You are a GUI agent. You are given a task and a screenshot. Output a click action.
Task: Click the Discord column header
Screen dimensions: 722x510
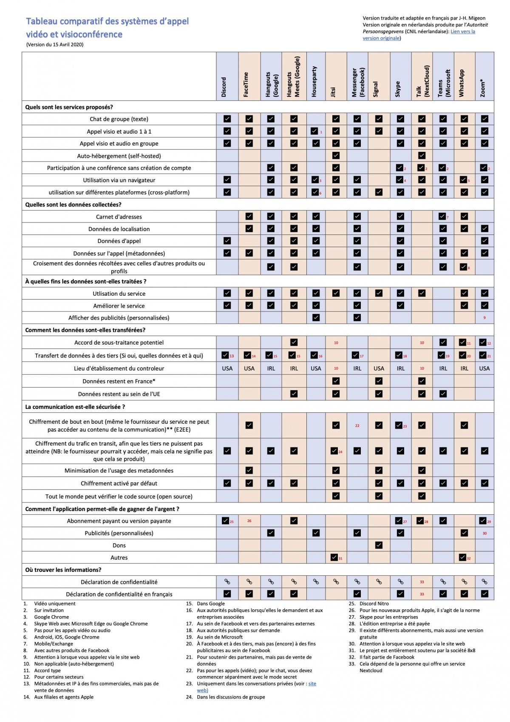tap(224, 87)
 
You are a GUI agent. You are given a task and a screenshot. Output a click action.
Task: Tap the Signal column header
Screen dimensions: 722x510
tap(376, 89)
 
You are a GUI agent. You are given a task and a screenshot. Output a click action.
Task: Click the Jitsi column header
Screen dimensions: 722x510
tap(333, 92)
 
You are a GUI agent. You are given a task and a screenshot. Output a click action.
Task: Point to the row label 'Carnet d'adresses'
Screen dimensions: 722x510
tap(119, 217)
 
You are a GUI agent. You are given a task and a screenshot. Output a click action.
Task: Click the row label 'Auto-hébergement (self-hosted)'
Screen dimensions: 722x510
tap(119, 156)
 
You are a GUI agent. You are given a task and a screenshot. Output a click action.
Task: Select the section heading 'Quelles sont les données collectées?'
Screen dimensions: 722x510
tap(73, 205)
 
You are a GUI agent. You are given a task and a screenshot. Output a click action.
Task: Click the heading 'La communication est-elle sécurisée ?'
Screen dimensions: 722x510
tap(75, 407)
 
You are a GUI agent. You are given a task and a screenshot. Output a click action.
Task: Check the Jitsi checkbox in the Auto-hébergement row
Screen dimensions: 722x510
tap(336, 156)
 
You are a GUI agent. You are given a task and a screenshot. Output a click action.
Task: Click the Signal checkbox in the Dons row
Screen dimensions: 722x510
tap(379, 545)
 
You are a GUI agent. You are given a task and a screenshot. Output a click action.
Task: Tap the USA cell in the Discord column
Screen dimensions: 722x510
tap(227, 368)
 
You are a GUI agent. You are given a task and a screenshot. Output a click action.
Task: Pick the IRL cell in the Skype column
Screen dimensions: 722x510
tap(400, 368)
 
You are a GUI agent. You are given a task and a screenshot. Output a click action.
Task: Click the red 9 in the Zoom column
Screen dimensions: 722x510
tap(484, 318)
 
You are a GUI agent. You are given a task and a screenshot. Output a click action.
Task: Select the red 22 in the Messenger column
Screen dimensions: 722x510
tap(357, 425)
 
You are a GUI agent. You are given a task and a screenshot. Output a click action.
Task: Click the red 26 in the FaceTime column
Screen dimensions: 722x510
tap(249, 521)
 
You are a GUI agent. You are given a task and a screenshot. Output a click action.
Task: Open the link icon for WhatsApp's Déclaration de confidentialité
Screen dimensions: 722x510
tap(464, 582)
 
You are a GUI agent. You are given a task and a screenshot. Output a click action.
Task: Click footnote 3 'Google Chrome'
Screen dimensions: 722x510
tap(51, 617)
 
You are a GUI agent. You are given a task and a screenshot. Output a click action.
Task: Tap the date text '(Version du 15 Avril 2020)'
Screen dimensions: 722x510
tap(55, 45)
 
